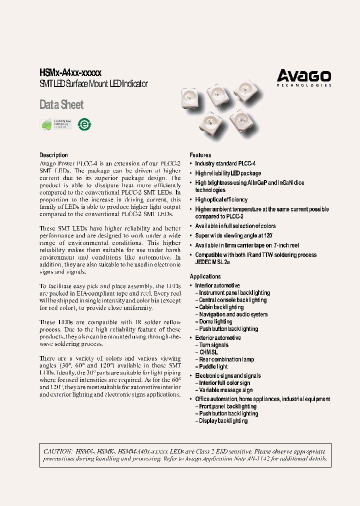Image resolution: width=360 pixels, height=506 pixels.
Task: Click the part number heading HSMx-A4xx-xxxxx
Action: (x=70, y=73)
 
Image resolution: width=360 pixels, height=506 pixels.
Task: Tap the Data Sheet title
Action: (x=61, y=105)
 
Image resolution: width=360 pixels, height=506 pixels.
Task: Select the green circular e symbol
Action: (x=85, y=124)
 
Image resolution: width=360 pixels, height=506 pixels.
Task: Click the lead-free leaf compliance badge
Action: (x=55, y=124)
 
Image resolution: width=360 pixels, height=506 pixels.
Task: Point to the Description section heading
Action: (x=53, y=155)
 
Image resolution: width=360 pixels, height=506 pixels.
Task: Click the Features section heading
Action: (x=200, y=155)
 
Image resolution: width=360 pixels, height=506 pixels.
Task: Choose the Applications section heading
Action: (x=205, y=276)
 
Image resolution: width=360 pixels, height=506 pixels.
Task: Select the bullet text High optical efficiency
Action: (x=221, y=199)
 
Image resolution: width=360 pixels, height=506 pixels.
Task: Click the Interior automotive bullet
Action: (x=217, y=285)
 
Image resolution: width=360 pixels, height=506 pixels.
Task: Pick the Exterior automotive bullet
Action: (x=218, y=338)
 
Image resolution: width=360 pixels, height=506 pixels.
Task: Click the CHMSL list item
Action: (x=208, y=352)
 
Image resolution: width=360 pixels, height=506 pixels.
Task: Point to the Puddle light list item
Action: (x=213, y=367)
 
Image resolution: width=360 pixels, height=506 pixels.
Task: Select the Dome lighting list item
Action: (x=215, y=322)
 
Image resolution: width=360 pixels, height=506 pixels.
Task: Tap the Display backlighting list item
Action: (x=223, y=421)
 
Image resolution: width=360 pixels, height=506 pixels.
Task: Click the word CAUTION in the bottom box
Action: (x=58, y=451)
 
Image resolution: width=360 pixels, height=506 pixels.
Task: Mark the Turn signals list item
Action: (x=213, y=345)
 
